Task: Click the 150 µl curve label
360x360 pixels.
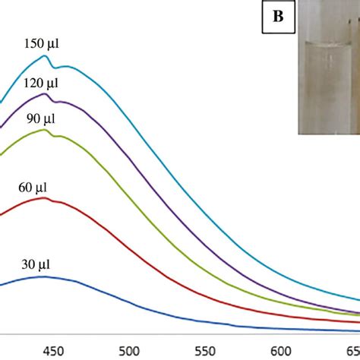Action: pyautogui.click(x=42, y=43)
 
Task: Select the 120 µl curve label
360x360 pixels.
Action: pyautogui.click(x=41, y=83)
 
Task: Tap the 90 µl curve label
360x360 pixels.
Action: pyautogui.click(x=41, y=118)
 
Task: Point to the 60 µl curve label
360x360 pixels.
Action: pyautogui.click(x=33, y=188)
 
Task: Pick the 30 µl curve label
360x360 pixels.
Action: pyautogui.click(x=36, y=264)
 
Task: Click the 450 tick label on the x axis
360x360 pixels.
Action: pyautogui.click(x=53, y=351)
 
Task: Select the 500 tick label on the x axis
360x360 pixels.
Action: pyautogui.click(x=129, y=351)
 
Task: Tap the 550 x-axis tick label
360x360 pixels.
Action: pyautogui.click(x=205, y=351)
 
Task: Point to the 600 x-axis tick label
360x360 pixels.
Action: pyautogui.click(x=281, y=351)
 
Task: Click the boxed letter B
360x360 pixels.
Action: pyautogui.click(x=278, y=17)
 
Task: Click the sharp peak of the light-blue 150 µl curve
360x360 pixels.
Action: pyautogui.click(x=45, y=55)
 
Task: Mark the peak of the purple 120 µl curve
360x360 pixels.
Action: pyautogui.click(x=45, y=94)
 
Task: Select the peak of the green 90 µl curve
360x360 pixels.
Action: pyautogui.click(x=44, y=130)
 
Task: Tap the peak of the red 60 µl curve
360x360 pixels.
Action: pyautogui.click(x=44, y=197)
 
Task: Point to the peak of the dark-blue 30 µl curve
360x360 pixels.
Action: pyautogui.click(x=45, y=276)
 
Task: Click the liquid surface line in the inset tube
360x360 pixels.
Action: pyautogui.click(x=328, y=43)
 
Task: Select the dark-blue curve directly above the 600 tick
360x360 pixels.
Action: pyautogui.click(x=281, y=329)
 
